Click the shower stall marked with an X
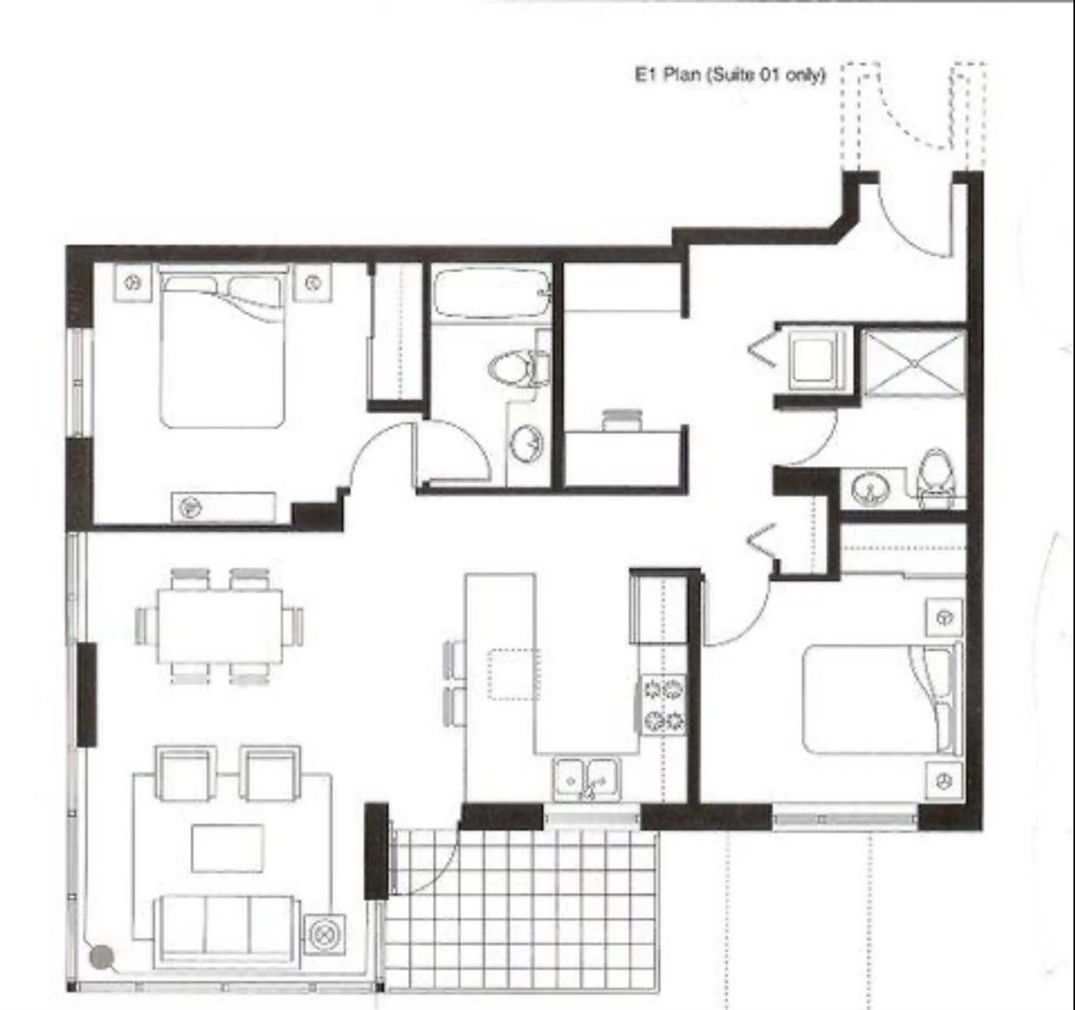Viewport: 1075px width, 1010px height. pos(913,364)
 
